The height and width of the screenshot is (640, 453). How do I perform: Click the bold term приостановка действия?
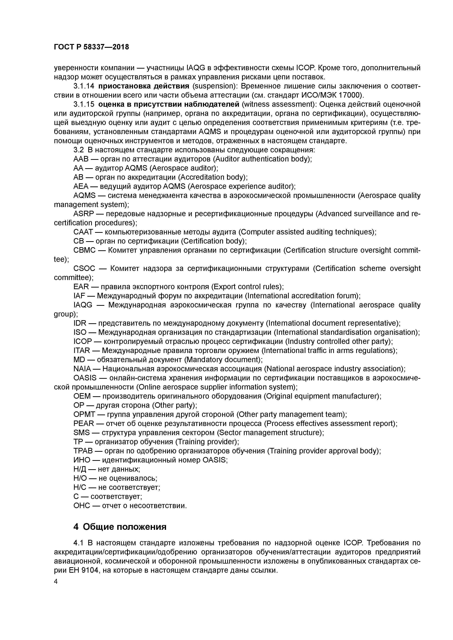pos(144,86)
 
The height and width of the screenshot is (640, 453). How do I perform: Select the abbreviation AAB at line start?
pos(81,159)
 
